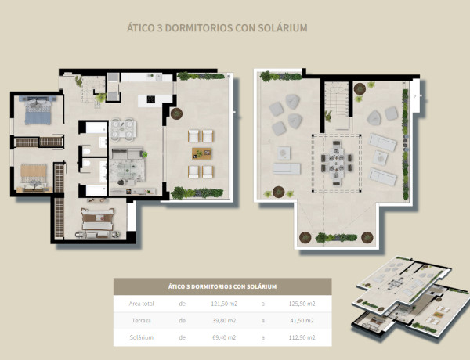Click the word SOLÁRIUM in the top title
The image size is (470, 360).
point(283,28)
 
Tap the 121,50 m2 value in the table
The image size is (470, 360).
point(224,304)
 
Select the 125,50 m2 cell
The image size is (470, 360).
point(302,304)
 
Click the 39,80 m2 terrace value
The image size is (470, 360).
point(224,320)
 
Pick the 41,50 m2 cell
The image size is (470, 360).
point(302,320)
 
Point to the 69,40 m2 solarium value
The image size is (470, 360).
point(224,337)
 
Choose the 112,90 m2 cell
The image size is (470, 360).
point(302,337)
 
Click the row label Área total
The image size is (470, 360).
point(142,304)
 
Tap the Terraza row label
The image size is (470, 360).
point(142,320)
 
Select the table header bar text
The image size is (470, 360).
point(222,286)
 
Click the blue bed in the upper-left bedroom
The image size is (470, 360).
point(38,112)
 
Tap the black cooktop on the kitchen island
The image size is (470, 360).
point(150,99)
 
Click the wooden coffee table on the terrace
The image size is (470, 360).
point(202,153)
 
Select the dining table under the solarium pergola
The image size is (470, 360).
point(336,163)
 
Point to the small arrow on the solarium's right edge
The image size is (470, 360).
point(415,96)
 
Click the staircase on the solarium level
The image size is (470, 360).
point(337,99)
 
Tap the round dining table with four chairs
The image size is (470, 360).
point(123,130)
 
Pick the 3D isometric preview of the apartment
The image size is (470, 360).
point(410,296)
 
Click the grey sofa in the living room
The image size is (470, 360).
point(128,153)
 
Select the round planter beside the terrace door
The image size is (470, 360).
point(176,113)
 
